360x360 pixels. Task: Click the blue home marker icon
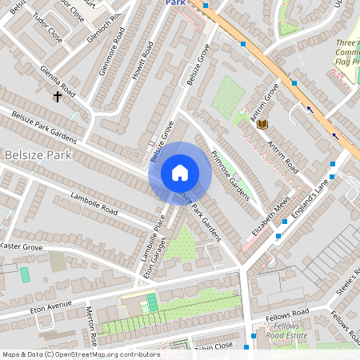180,173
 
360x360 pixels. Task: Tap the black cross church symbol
58,97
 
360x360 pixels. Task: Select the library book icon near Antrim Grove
262,123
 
